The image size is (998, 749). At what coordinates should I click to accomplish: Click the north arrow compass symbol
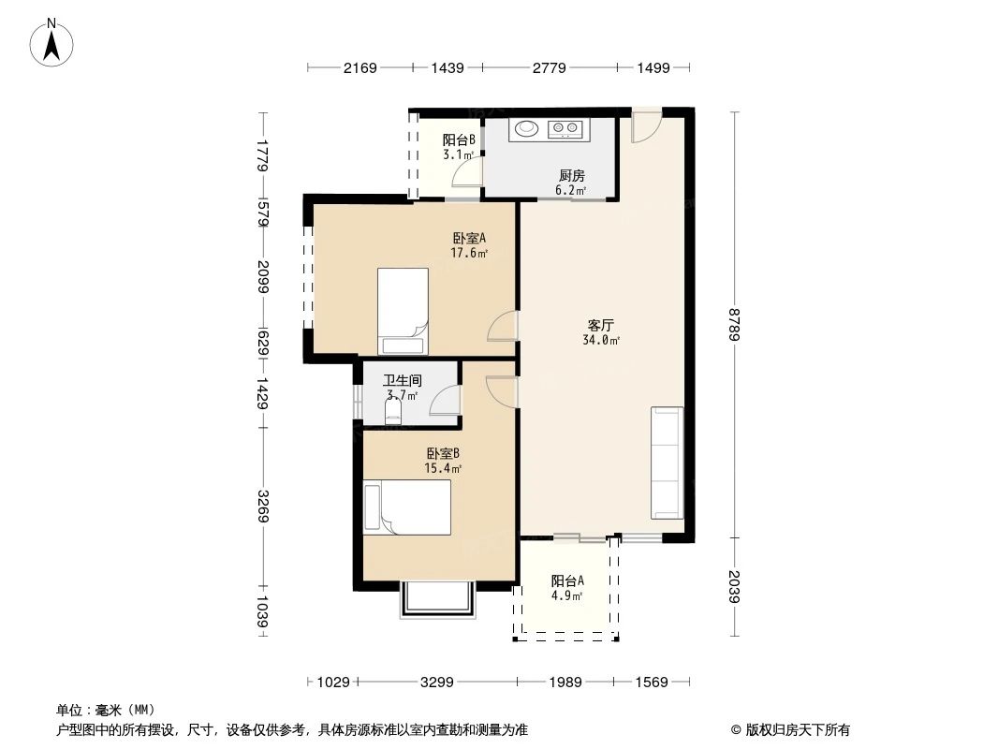point(53,42)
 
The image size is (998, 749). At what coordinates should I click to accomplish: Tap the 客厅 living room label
point(600,326)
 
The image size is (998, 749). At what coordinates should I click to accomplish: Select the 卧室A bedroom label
point(469,238)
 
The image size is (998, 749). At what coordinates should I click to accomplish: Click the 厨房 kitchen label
point(571,175)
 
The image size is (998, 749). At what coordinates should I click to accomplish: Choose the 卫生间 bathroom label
point(402,381)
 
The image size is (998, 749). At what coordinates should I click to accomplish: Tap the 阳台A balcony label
point(567,580)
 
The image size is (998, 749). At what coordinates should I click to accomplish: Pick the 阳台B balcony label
point(459,140)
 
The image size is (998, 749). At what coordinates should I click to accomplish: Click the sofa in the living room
point(667,463)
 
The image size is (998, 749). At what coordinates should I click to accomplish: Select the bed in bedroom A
point(403,310)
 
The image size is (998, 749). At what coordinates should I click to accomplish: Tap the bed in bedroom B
point(407,507)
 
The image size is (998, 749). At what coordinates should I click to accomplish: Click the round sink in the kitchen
point(526,128)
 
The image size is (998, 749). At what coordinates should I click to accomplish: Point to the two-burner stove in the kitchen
point(566,128)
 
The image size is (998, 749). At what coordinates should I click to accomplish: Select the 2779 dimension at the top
point(548,67)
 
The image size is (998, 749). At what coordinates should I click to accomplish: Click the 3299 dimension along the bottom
point(436,682)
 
